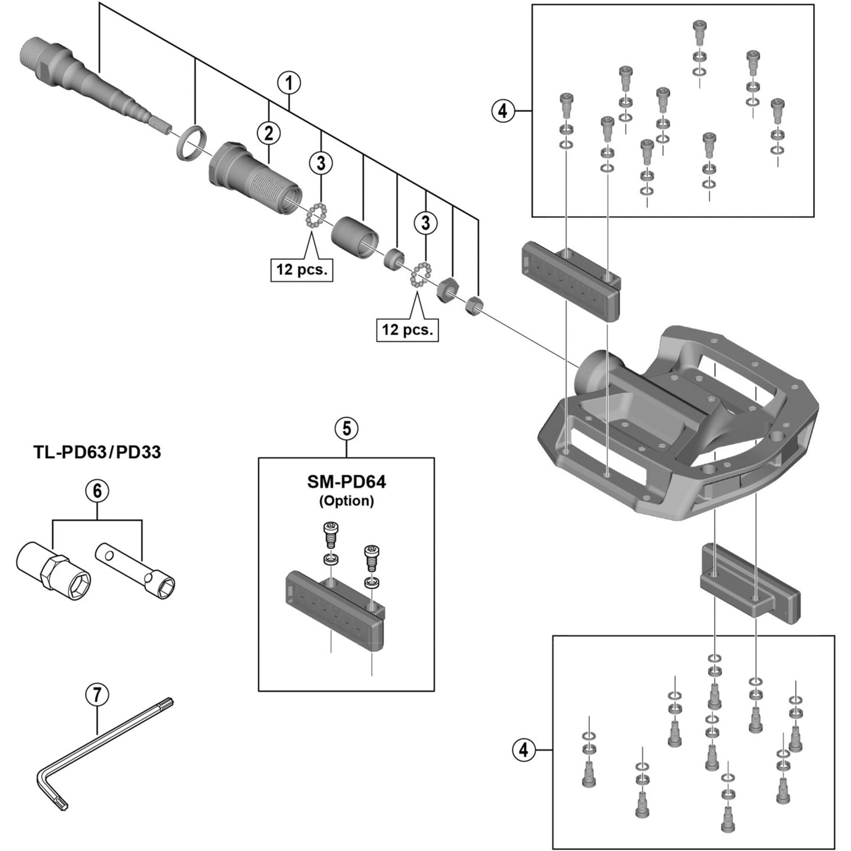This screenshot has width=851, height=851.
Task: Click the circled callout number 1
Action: coord(289,84)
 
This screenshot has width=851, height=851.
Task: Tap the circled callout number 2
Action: coord(268,133)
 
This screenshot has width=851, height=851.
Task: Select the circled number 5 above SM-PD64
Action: coord(347,428)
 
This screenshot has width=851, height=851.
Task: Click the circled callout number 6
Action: coord(97,491)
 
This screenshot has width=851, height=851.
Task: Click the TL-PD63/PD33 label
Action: coord(97,452)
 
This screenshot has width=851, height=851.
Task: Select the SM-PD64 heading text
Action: coord(346,483)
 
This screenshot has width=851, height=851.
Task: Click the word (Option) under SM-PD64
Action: coord(346,501)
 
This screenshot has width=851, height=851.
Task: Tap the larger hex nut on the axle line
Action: coord(448,289)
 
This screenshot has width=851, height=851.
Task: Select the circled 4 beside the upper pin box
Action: coord(503,111)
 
